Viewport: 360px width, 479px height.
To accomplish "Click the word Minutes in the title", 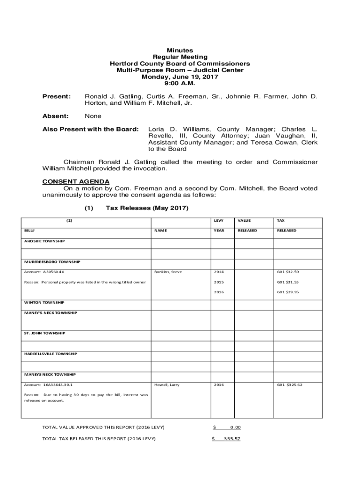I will coord(180,51).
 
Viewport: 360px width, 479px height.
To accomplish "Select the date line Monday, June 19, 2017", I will coord(180,77).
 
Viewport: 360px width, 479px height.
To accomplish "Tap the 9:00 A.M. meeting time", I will coord(180,83).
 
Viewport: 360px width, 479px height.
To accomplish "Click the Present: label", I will coord(57,96).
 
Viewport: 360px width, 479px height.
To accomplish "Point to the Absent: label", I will coord(56,116).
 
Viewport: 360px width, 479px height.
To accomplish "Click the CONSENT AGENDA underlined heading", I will coord(76,181).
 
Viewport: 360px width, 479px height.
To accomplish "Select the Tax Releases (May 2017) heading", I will coord(147,208).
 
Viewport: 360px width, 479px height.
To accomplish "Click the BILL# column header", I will coord(29,231).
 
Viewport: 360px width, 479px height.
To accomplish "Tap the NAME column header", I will coord(160,231).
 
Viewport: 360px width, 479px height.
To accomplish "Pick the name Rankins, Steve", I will coord(168,272).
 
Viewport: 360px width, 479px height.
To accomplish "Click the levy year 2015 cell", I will coord(219,282).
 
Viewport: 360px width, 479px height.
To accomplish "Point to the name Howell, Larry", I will coord(167,385).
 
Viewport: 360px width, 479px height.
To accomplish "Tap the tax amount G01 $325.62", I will coord(289,385).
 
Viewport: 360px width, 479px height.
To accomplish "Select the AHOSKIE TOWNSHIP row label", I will coord(44,241).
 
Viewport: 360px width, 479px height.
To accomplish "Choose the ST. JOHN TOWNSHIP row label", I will coord(45,333).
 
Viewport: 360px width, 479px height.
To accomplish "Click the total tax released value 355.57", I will coord(232,439).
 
